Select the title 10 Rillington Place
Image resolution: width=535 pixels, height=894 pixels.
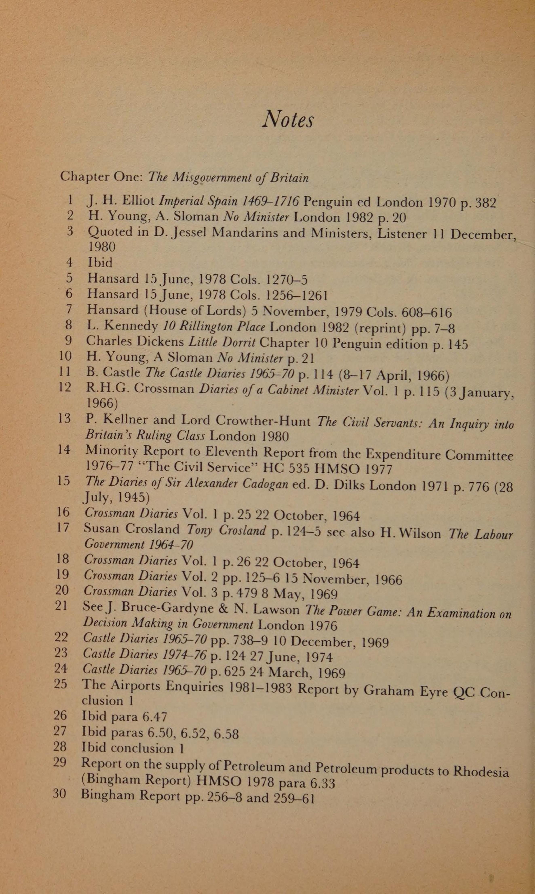(x=214, y=327)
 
